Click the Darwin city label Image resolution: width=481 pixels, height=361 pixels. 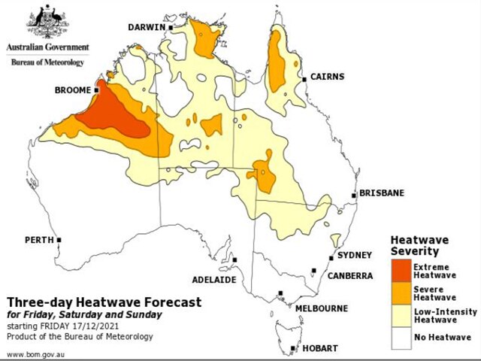[147, 27]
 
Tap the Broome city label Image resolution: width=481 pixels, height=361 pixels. [74, 89]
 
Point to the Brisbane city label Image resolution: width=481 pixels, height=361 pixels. [381, 193]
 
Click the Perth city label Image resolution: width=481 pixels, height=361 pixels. [38, 240]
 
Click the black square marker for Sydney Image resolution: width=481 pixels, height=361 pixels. [331, 259]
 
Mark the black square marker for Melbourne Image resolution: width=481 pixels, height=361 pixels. [280, 293]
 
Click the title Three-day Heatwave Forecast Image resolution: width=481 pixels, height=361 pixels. [104, 302]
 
